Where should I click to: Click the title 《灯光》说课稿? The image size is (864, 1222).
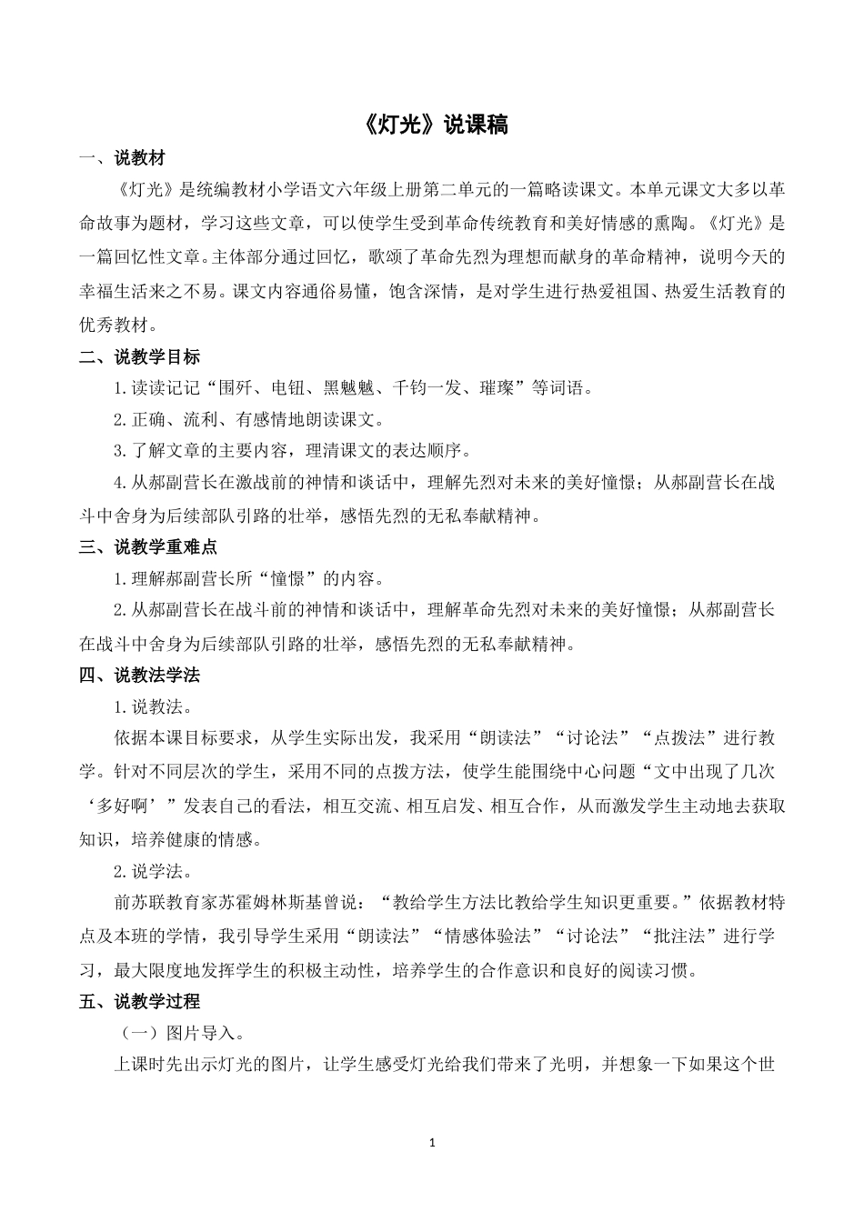click(x=432, y=125)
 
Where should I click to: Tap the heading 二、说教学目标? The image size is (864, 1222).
click(x=139, y=357)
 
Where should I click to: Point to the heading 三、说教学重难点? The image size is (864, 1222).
click(x=147, y=547)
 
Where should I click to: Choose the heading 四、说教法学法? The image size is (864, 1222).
click(x=139, y=675)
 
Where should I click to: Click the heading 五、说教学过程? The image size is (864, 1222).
click(x=139, y=1001)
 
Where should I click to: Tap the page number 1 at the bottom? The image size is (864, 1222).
click(x=433, y=1141)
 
